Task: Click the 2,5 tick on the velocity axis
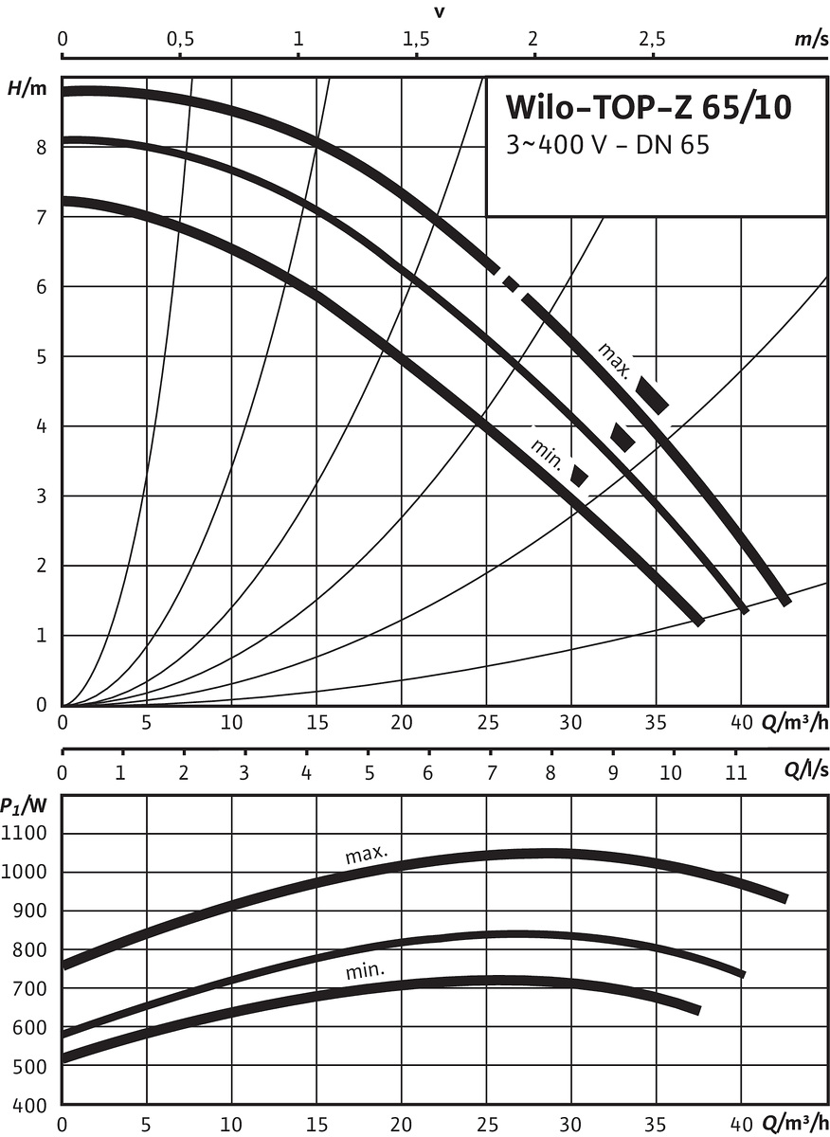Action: pos(650,40)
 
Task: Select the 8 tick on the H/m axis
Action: pos(42,148)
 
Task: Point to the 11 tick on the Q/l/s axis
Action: pos(733,770)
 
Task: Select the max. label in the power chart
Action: pos(366,856)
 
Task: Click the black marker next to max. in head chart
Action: pos(653,394)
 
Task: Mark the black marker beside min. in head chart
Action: pos(579,476)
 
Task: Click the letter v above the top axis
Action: pos(440,12)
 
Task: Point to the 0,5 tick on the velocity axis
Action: pos(180,40)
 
